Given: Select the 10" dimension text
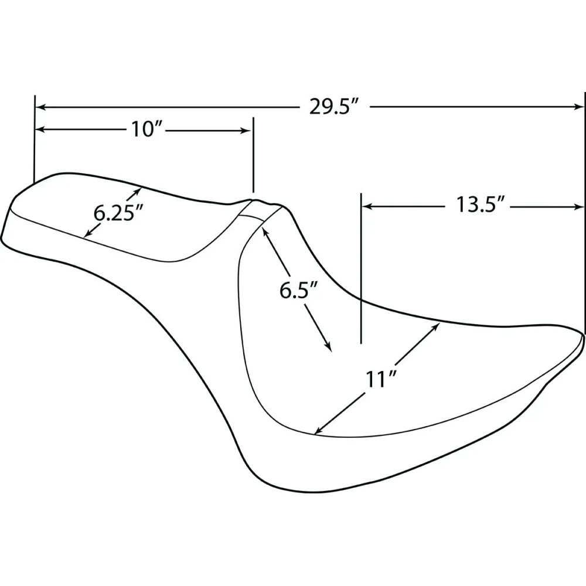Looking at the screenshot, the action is [146, 130].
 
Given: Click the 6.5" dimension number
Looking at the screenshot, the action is [299, 291].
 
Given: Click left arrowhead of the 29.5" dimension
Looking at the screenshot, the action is [40, 108].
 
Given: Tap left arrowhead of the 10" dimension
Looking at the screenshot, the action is [40, 130].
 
